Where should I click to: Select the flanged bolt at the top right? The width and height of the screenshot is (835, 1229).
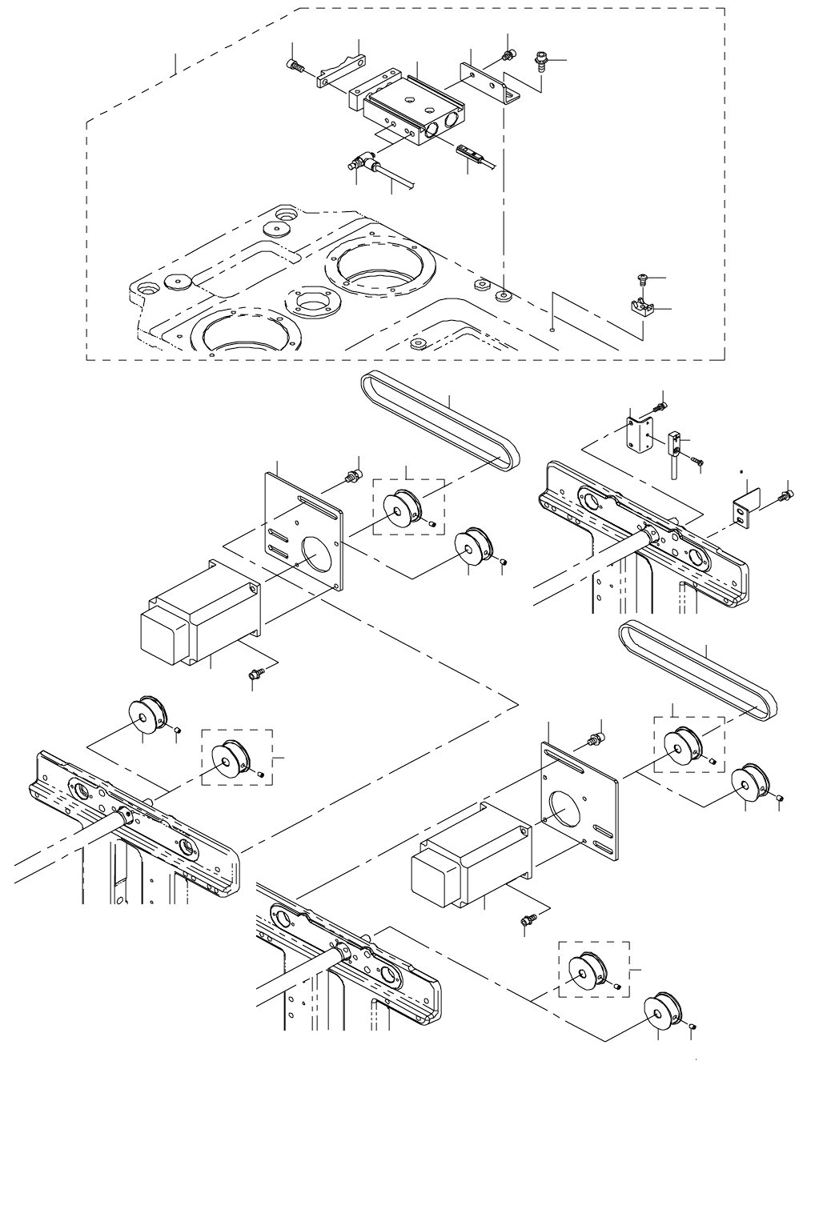click(540, 61)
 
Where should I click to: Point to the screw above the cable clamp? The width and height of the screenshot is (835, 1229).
click(641, 278)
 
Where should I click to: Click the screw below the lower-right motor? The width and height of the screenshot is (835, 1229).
click(528, 922)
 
